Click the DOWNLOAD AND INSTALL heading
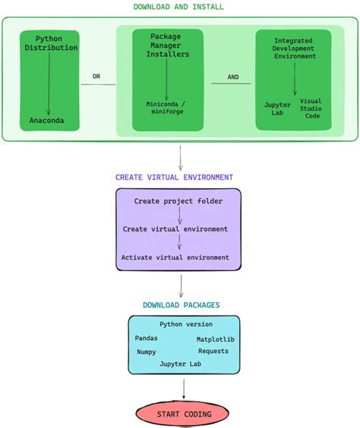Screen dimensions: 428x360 [x=179, y=7]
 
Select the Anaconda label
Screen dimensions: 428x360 [x=48, y=121]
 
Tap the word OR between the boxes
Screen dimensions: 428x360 [x=96, y=77]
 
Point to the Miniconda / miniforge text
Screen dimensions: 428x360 [x=166, y=108]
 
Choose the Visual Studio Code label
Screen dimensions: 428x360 [x=312, y=108]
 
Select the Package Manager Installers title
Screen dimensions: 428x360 [x=166, y=45]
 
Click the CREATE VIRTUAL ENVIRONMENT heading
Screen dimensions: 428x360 [x=174, y=178]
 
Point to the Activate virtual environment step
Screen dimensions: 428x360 [x=175, y=257]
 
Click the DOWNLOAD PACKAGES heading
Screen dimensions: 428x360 [x=182, y=305]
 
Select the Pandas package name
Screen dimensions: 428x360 [x=147, y=338]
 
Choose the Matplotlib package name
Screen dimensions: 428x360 [x=216, y=339]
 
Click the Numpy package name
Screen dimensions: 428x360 [x=147, y=352]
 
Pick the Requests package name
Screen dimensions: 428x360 [x=213, y=351]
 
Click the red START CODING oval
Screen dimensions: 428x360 [x=184, y=414]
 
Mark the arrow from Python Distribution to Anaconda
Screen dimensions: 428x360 [x=49, y=83]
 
